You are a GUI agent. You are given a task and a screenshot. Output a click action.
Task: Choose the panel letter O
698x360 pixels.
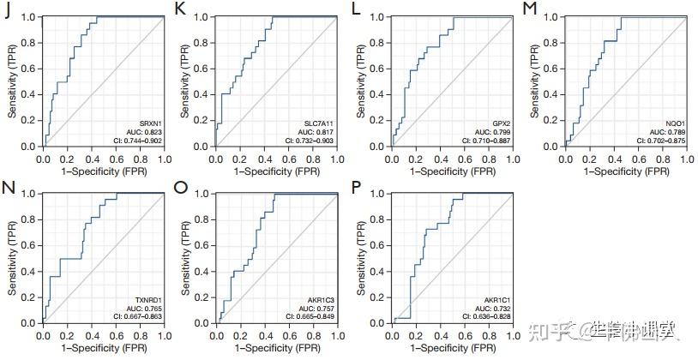[181, 187]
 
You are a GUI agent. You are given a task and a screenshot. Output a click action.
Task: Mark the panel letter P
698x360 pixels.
[358, 187]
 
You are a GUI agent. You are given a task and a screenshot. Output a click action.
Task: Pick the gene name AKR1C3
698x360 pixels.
[322, 300]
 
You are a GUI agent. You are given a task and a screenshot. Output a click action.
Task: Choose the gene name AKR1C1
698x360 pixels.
[496, 300]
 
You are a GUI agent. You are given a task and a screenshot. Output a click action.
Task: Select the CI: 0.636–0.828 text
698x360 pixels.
[485, 316]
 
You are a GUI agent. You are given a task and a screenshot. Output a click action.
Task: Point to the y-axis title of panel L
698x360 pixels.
[364, 81]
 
